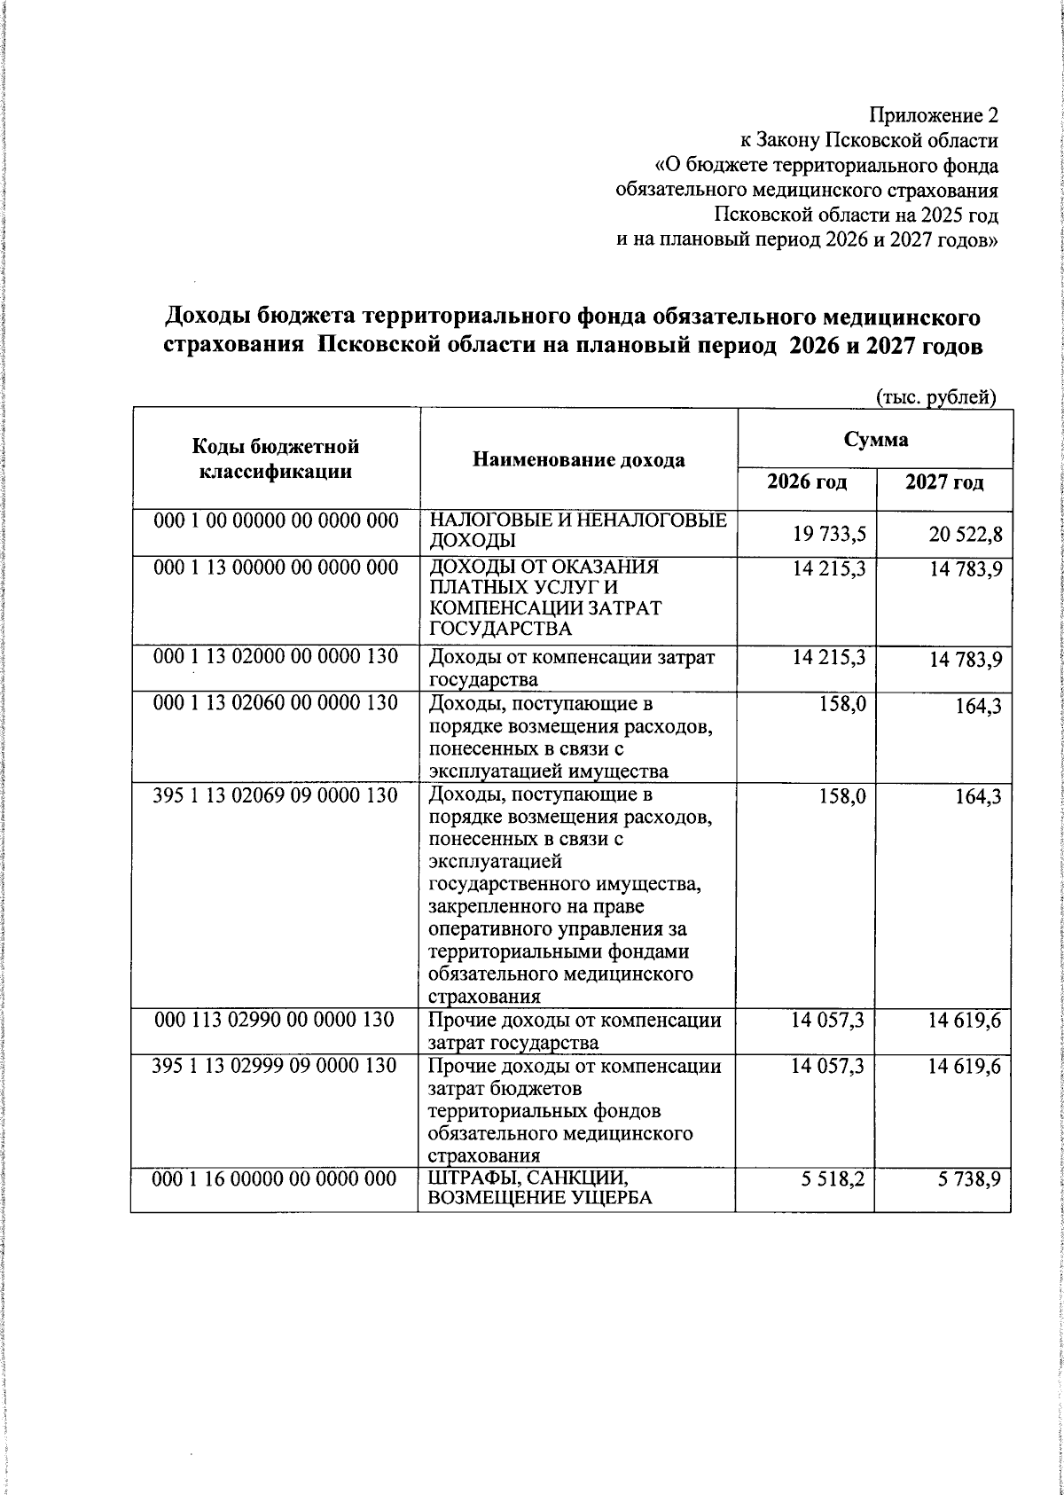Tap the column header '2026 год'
806,482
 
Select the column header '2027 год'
943,482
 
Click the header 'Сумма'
875,439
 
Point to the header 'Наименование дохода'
578,459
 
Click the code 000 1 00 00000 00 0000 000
275,521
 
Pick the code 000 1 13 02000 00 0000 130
275,657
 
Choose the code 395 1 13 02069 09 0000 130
275,795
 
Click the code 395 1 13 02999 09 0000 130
275,1066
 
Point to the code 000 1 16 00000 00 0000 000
275,1178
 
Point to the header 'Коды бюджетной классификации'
275,459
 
